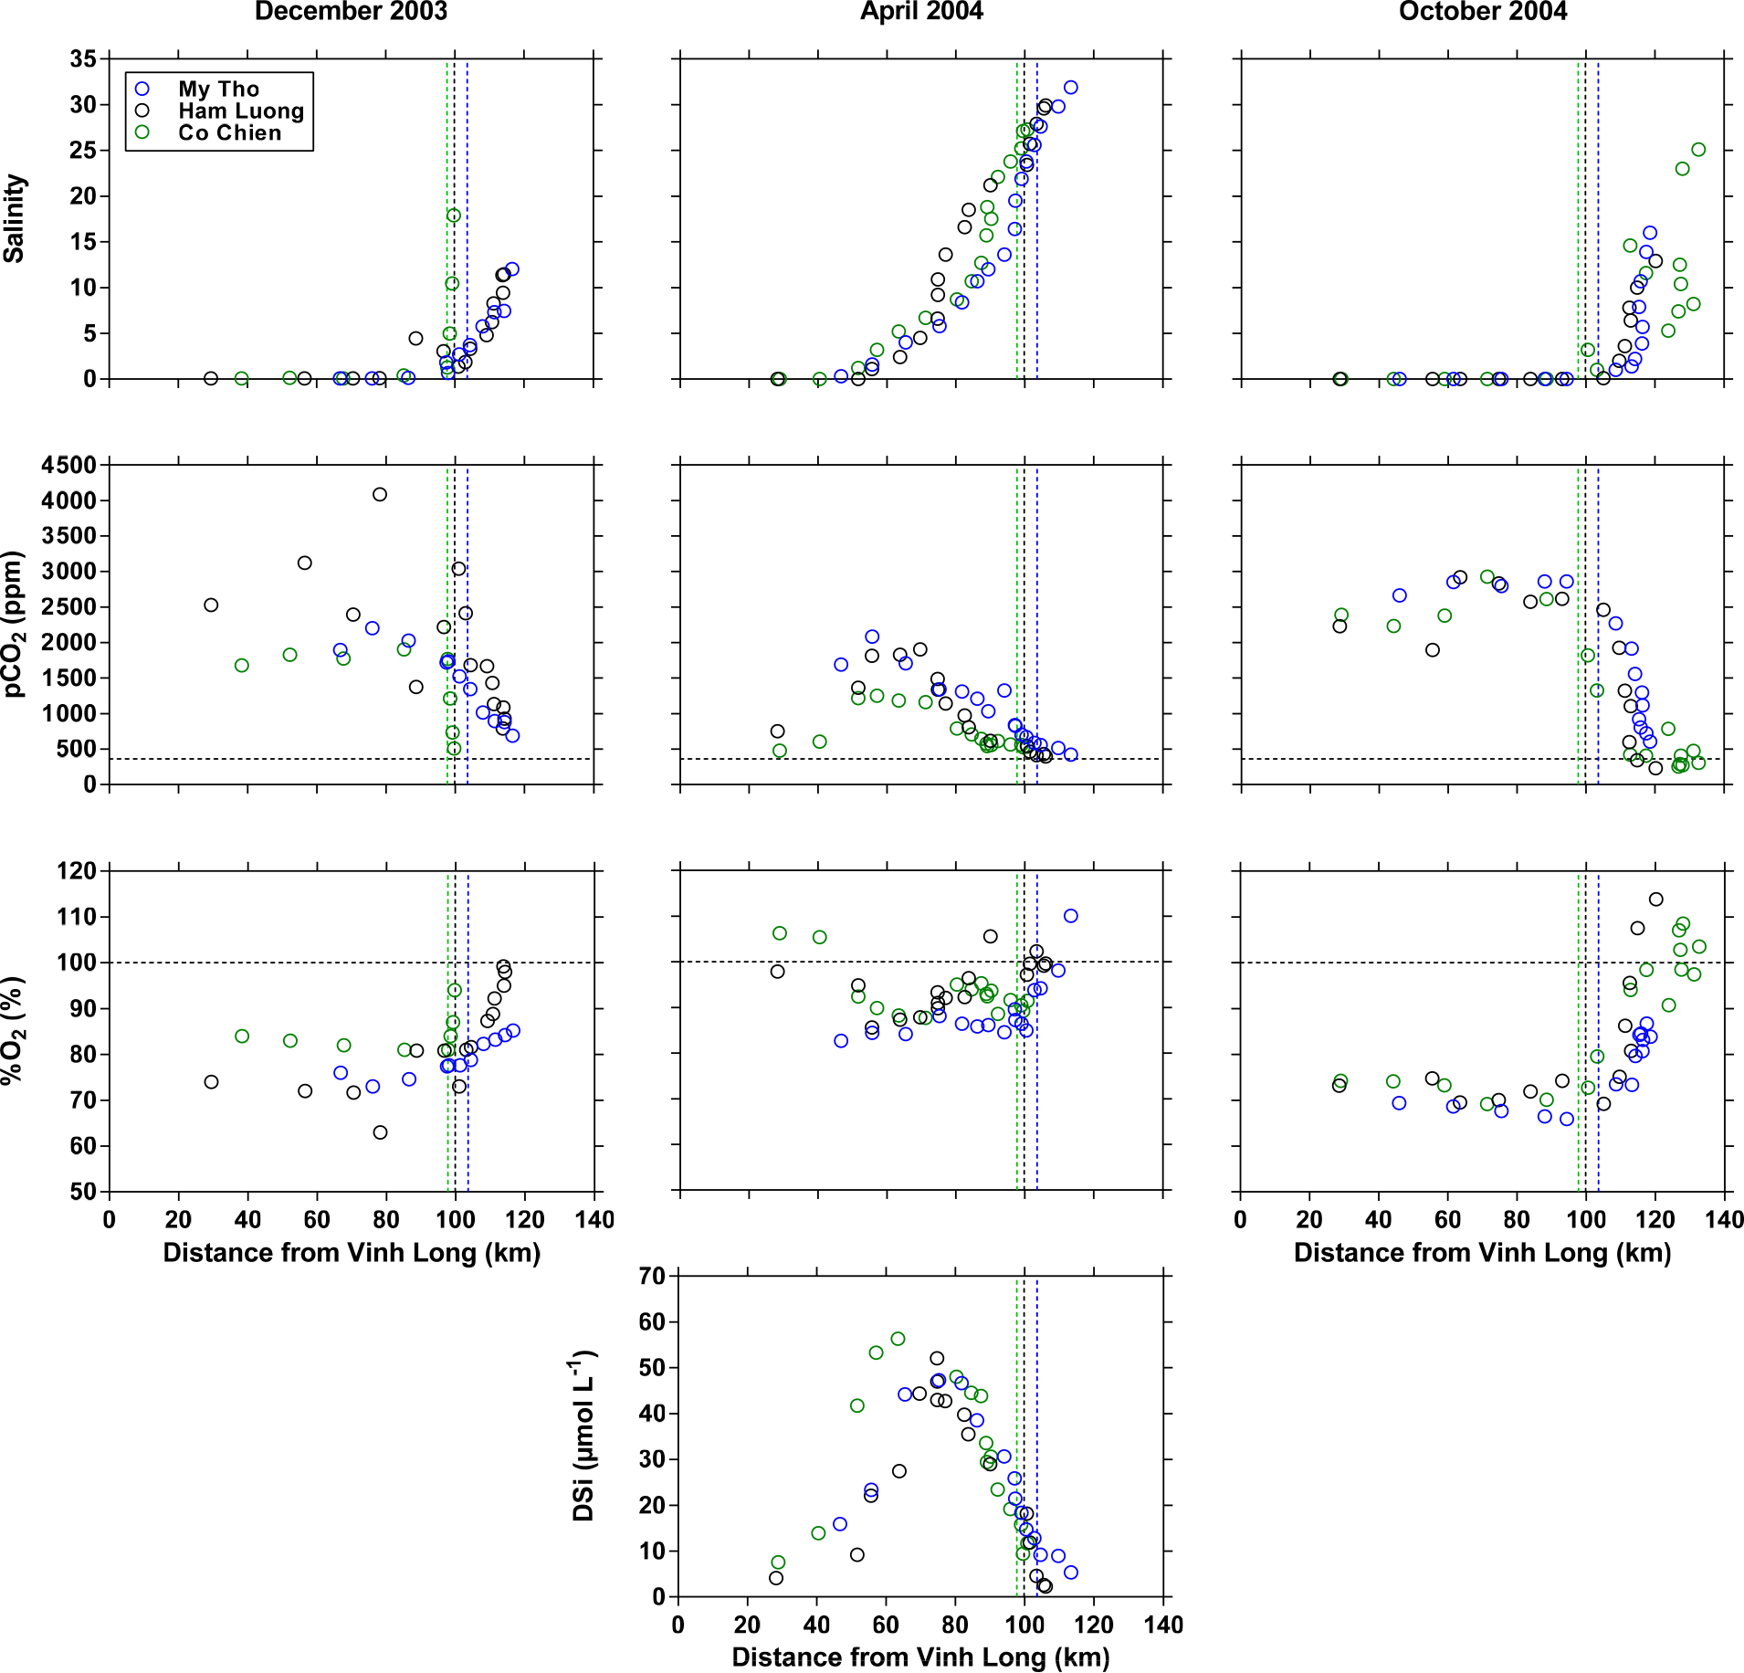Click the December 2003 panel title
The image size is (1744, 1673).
point(351,12)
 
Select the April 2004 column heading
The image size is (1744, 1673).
point(921,12)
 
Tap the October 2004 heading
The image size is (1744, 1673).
point(1483,12)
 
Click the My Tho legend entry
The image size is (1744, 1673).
point(218,89)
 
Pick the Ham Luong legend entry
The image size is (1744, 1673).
point(240,110)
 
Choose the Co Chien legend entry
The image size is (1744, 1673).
point(229,132)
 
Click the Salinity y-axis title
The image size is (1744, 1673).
point(14,219)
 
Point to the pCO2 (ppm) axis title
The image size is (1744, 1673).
point(14,625)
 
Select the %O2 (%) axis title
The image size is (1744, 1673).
point(14,1031)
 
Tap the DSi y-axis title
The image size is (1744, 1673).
point(583,1436)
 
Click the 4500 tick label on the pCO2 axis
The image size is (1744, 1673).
point(68,465)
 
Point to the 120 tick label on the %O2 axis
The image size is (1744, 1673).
point(77,871)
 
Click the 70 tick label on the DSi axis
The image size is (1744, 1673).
point(652,1276)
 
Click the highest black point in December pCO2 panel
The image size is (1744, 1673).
point(380,494)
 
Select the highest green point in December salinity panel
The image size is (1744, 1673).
point(454,216)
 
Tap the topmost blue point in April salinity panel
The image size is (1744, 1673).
point(1071,88)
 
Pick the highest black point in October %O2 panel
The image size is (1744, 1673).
point(1656,900)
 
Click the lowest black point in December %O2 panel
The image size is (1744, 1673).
point(381,1132)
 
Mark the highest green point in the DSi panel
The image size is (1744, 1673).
point(898,1339)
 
